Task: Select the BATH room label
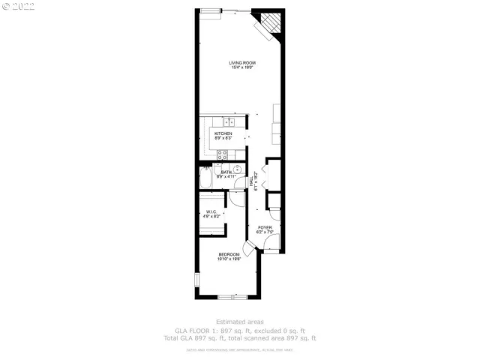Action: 226,172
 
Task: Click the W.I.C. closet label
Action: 211,212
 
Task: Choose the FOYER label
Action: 265,227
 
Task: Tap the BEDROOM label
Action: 229,255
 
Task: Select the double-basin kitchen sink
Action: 229,121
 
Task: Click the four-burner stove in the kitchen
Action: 222,154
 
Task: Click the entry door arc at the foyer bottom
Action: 273,242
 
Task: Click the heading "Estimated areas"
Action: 240,322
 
